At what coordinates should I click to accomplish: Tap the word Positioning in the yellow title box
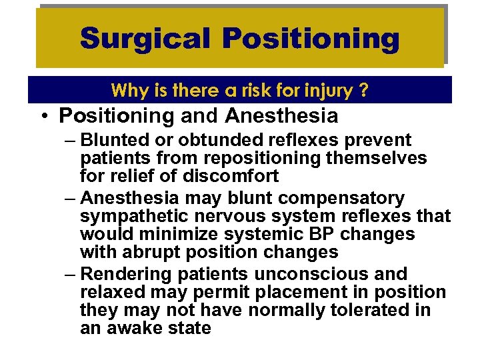(311, 39)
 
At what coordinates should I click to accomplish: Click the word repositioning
(241, 159)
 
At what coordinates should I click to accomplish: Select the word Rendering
(129, 275)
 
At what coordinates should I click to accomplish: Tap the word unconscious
(318, 275)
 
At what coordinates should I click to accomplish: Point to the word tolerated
(343, 311)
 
